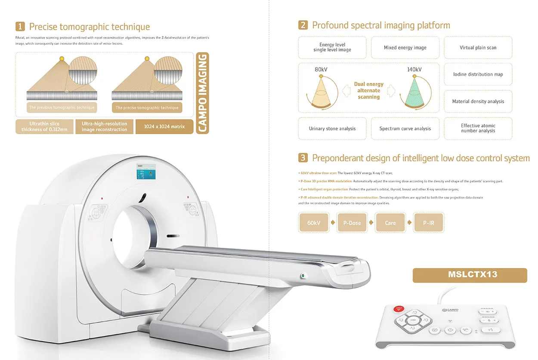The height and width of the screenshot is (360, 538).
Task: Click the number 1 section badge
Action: [x=20, y=27]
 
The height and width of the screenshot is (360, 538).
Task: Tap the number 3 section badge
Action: [x=303, y=158]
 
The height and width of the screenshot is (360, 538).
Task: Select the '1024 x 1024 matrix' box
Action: [x=164, y=126]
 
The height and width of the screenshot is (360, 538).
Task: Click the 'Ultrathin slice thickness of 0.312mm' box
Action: [x=45, y=126]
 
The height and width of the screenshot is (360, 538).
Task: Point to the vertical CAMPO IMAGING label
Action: [x=202, y=93]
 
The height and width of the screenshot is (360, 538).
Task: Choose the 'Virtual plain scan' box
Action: [x=478, y=48]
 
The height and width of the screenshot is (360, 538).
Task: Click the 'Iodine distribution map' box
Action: [x=478, y=74]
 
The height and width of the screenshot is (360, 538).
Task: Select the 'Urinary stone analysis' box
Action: [x=332, y=129]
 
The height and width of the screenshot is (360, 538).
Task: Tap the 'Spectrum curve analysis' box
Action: [x=405, y=129]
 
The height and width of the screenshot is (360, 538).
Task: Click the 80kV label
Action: [x=322, y=69]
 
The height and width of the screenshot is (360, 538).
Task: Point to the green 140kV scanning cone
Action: [x=414, y=92]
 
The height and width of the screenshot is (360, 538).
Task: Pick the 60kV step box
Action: [x=313, y=223]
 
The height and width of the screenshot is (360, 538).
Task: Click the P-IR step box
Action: [x=428, y=223]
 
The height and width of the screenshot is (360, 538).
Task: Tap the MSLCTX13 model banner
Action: [x=470, y=275]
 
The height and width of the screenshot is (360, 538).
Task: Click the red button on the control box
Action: [x=399, y=309]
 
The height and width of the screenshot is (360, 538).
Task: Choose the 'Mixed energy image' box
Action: [x=405, y=48]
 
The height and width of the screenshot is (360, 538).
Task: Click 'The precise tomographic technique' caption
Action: [x=147, y=108]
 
